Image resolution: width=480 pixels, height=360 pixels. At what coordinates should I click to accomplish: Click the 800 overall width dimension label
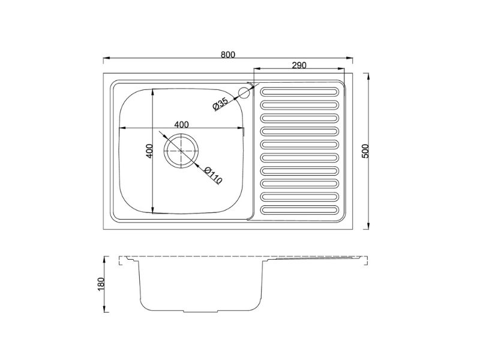click(x=228, y=55)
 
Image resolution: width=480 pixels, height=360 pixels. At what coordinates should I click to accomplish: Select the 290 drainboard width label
click(x=299, y=65)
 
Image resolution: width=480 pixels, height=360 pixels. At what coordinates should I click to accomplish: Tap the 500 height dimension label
click(x=365, y=151)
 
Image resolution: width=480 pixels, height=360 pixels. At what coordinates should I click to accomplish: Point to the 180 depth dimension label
click(x=101, y=284)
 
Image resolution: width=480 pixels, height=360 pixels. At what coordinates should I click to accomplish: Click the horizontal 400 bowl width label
click(x=182, y=125)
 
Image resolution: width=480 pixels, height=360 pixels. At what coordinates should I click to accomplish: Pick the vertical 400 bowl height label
click(x=149, y=151)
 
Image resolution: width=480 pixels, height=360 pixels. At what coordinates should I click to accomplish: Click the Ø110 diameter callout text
click(x=213, y=175)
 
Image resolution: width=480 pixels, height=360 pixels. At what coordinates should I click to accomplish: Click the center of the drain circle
click(x=181, y=151)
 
